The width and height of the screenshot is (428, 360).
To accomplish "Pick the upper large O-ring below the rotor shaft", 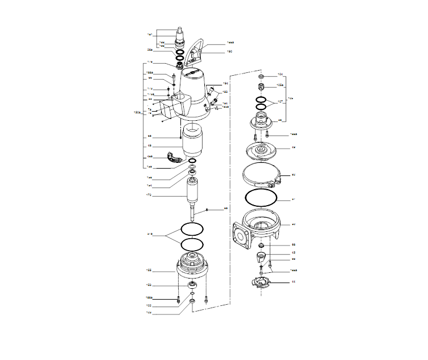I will [192, 229].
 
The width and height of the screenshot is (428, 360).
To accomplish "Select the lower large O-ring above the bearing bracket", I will [192, 244].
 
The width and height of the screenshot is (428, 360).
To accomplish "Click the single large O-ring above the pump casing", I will [261, 197].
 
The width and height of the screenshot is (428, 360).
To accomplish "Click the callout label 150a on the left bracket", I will [134, 112].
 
